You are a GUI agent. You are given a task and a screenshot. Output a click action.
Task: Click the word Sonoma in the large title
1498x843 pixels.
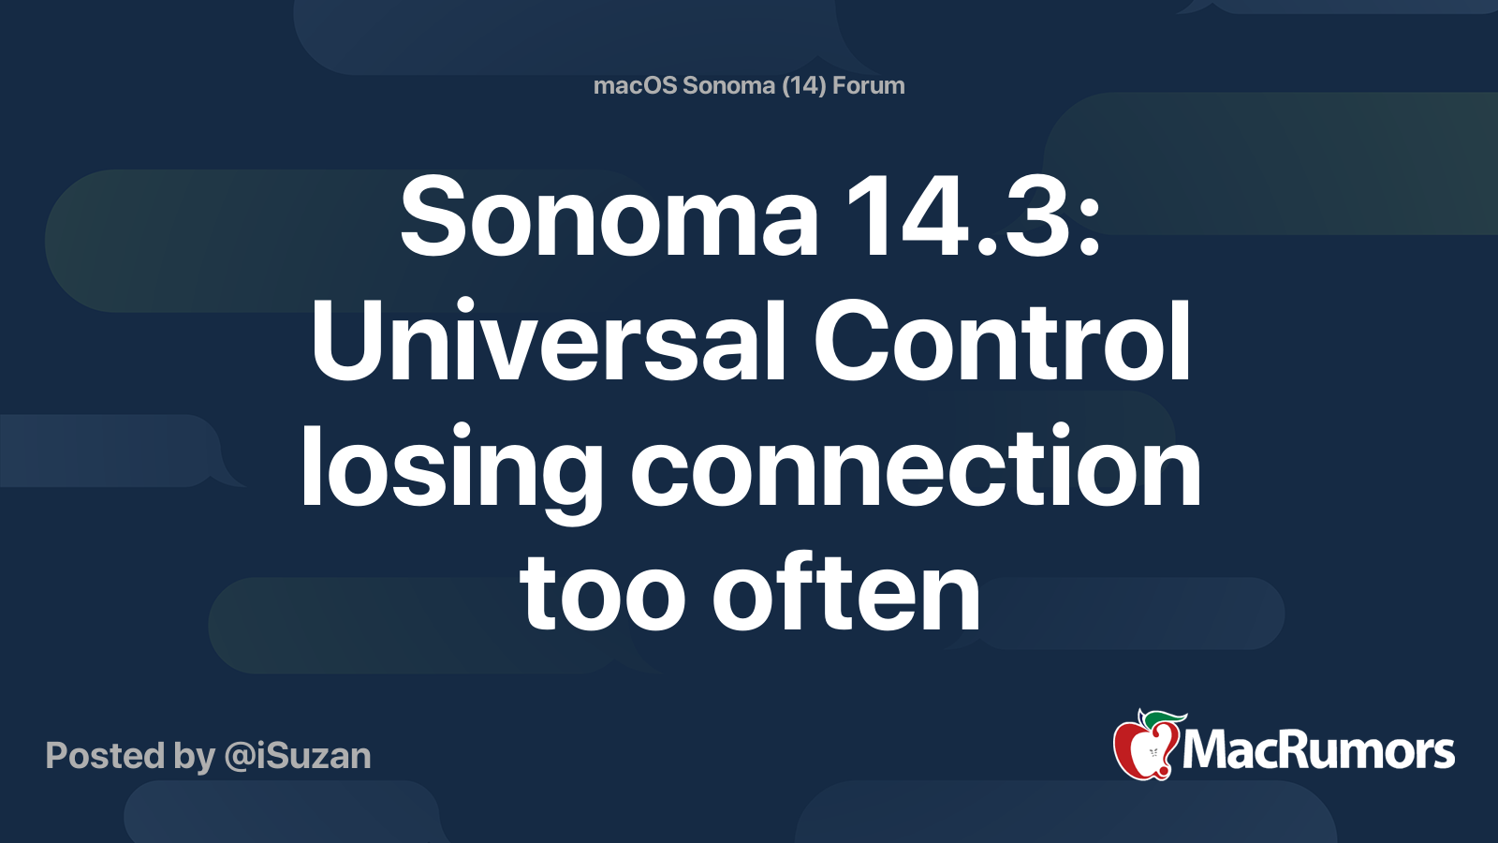(x=609, y=219)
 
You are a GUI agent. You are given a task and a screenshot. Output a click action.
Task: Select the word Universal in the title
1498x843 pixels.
(x=549, y=342)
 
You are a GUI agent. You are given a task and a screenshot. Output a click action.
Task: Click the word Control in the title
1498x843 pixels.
(x=1003, y=342)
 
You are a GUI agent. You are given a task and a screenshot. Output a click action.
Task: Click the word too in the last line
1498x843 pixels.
(x=604, y=594)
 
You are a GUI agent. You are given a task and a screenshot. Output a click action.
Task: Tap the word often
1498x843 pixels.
(x=846, y=592)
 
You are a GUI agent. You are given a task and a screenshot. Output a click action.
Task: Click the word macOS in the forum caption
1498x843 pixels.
(x=635, y=86)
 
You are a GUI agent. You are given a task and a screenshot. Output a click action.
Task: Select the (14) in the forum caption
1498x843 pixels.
(x=803, y=86)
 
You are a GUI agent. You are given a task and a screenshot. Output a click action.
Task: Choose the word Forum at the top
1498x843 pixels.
(x=869, y=86)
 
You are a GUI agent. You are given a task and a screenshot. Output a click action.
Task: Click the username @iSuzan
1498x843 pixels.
(x=298, y=756)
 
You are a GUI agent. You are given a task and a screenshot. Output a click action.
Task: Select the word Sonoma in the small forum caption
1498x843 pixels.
(x=728, y=86)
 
